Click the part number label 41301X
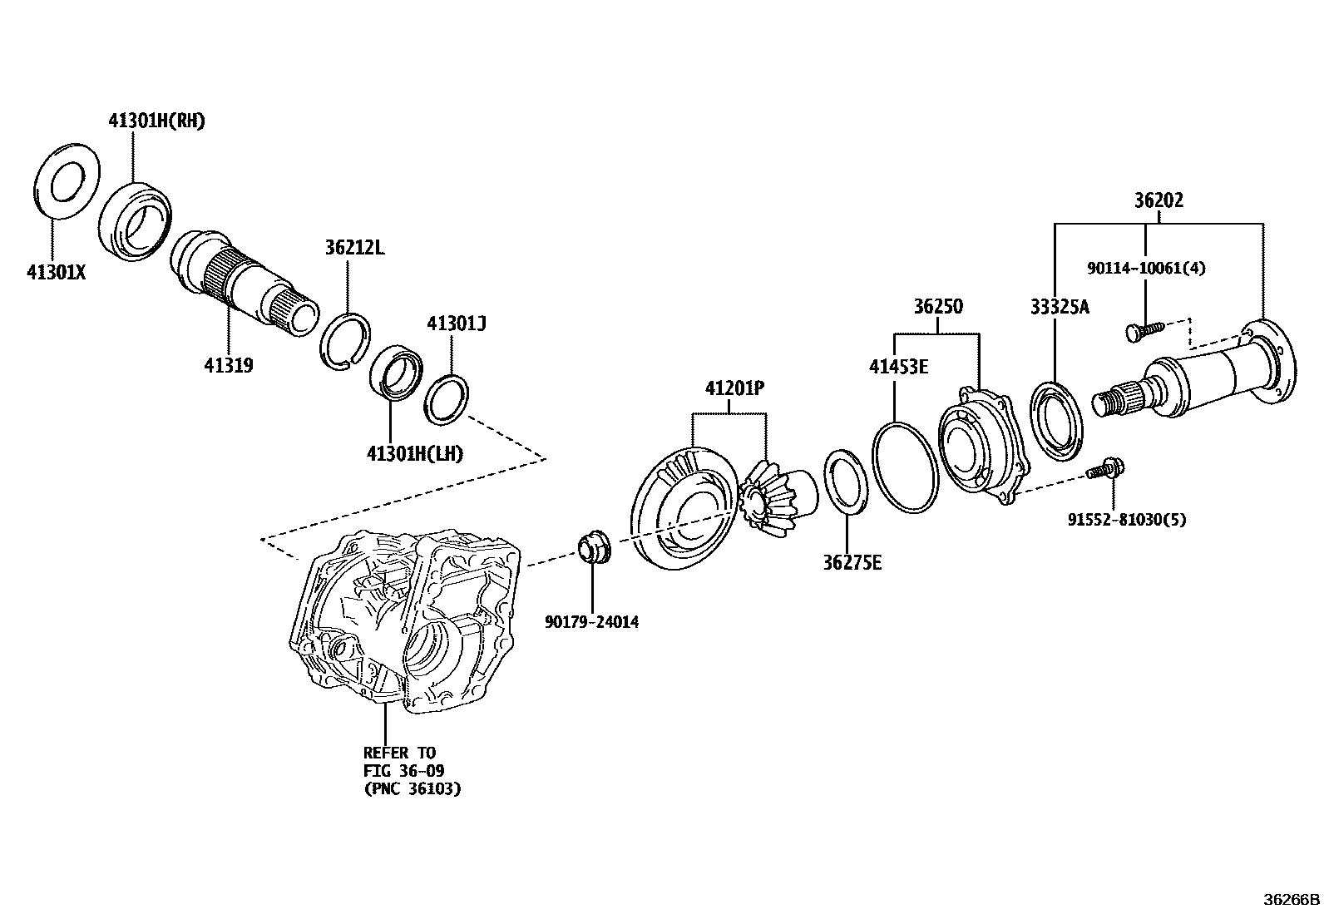[56, 271]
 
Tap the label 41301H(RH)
[156, 121]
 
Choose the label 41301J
[456, 323]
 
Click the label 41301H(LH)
[414, 453]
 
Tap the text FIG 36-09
[403, 771]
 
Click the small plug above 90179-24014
[593, 549]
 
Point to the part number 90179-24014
[592, 621]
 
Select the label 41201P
[734, 388]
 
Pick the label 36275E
[852, 563]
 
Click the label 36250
[938, 306]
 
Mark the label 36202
[1158, 200]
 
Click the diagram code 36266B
[1292, 900]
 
